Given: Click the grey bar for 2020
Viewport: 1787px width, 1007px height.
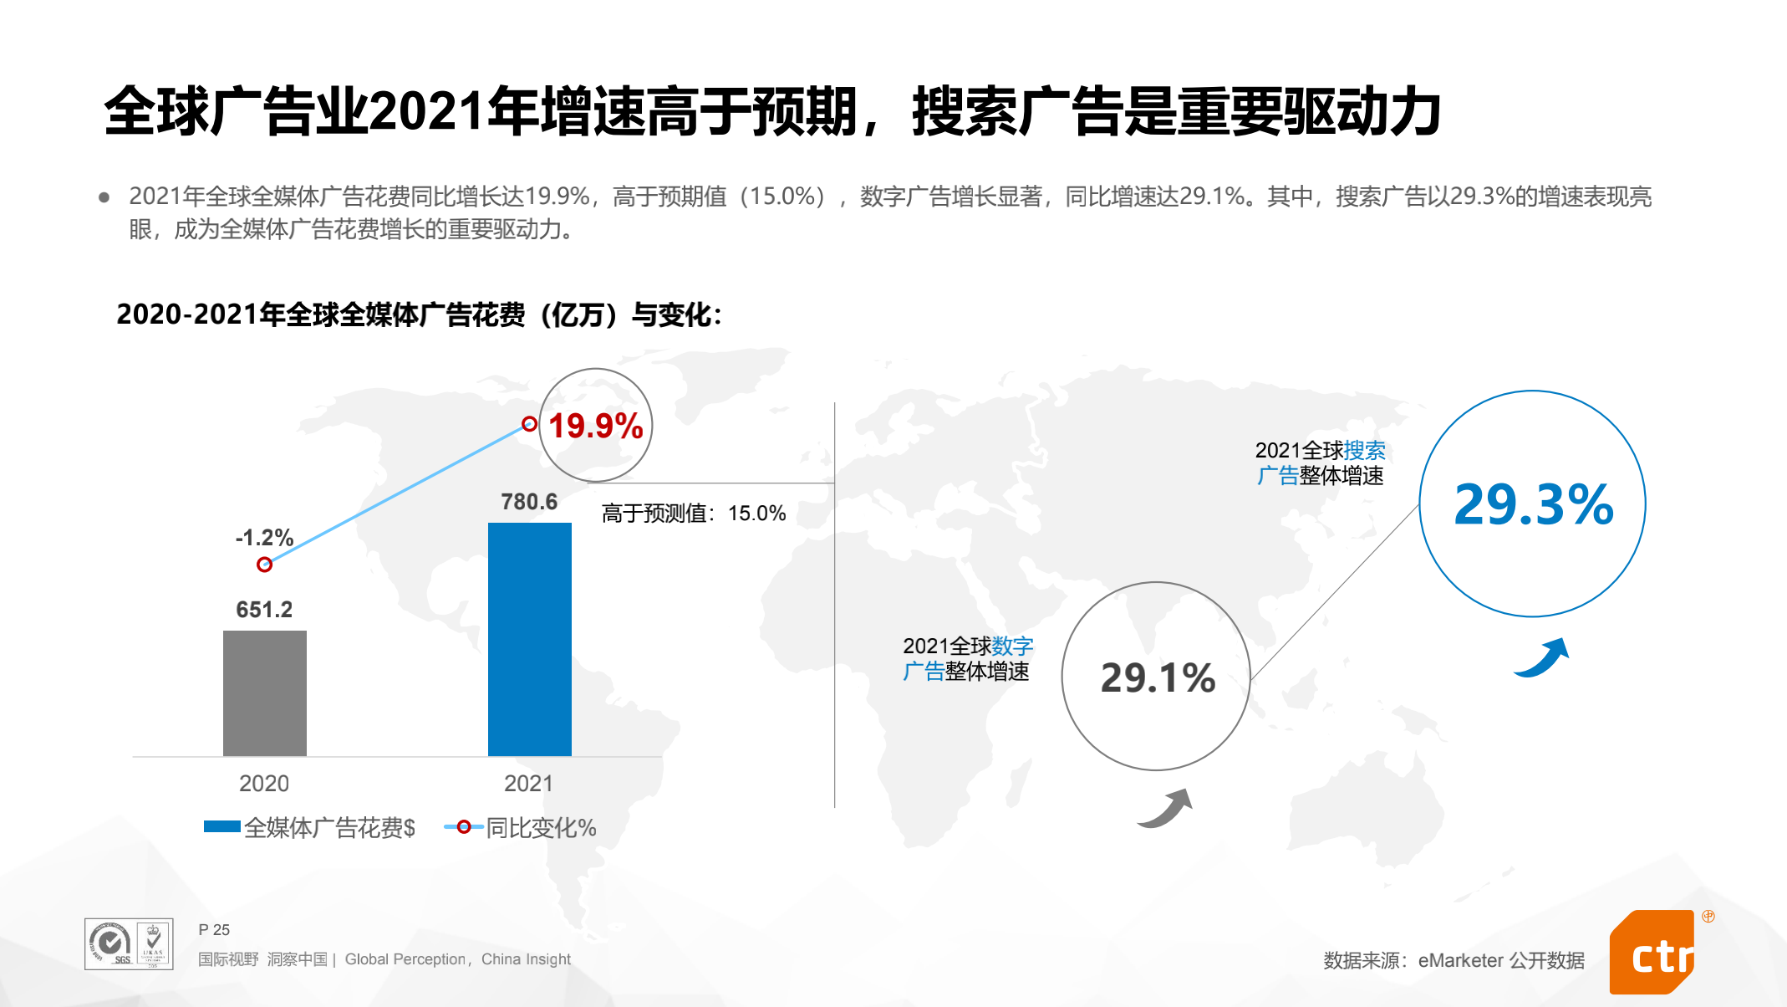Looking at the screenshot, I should [x=264, y=693].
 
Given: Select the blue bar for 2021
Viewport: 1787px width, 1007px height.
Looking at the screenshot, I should [x=529, y=639].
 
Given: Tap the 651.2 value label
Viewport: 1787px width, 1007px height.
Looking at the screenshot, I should [x=264, y=610].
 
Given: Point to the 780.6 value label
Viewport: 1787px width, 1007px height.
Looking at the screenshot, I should [x=529, y=502].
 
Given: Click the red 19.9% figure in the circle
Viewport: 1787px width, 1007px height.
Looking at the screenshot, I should [x=596, y=426].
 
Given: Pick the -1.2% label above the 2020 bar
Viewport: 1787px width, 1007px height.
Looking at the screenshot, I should [x=264, y=538].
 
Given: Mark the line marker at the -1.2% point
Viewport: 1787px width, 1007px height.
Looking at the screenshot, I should [x=264, y=565].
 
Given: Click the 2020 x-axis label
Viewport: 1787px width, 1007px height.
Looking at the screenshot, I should [x=264, y=784].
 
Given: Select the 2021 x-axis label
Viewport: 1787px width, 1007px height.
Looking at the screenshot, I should [x=529, y=784].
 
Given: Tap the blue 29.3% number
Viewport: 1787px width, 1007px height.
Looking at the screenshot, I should [x=1533, y=504].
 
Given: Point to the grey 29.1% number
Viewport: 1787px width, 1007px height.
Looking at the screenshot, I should [x=1158, y=677].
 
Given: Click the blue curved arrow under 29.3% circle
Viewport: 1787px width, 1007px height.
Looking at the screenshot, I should [x=1542, y=658].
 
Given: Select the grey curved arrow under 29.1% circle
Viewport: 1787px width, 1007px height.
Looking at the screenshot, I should [x=1165, y=808].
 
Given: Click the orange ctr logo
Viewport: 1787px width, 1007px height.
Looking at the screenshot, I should [x=1653, y=953].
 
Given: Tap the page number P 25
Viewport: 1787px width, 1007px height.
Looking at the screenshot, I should [x=214, y=930].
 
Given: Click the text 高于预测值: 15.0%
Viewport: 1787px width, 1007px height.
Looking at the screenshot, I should [x=694, y=514].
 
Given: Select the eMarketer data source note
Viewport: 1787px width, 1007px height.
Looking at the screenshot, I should [x=1454, y=960].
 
